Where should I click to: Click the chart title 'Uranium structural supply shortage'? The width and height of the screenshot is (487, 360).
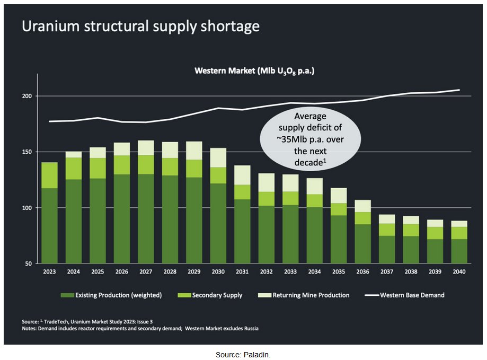pos(140,27)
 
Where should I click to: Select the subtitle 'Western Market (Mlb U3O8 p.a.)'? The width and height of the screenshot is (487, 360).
pos(254,71)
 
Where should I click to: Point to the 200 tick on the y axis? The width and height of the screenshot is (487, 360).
pos(28,96)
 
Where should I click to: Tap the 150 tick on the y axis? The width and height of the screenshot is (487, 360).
pos(28,152)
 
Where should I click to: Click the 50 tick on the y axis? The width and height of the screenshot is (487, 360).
pos(29,264)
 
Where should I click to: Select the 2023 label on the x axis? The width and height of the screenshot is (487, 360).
pos(50,273)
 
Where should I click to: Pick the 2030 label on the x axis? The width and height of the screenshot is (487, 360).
pos(218,273)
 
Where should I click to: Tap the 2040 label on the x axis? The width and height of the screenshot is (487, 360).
pos(459,273)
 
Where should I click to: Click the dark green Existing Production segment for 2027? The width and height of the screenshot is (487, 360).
pos(146,218)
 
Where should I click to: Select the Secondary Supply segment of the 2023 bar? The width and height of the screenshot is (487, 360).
pos(50,175)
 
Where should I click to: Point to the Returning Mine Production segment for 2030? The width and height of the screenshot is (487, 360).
pos(218,157)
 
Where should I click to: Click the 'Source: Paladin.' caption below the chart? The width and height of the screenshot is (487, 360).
pos(243,354)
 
